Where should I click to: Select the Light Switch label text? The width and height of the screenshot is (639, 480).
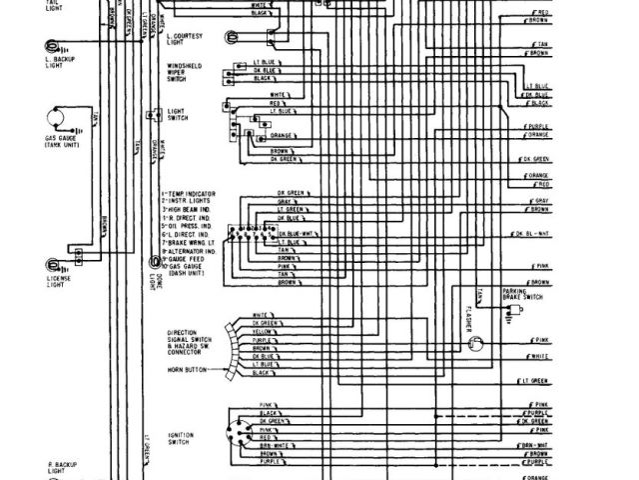178,116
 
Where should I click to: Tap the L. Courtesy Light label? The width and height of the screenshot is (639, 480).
186,38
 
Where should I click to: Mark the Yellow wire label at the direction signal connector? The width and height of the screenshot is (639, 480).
266,332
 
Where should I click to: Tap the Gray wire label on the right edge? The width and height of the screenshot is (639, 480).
539,201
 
